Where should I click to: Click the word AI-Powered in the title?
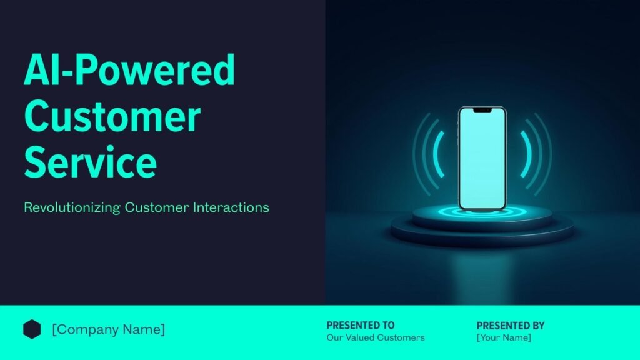point(129,69)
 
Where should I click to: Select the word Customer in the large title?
point(112,116)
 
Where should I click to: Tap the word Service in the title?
point(91,162)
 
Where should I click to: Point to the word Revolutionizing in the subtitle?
point(72,207)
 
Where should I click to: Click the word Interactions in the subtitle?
point(231,207)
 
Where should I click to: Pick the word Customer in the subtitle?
point(157,207)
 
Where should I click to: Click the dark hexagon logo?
point(32,329)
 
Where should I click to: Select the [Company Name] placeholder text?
point(109,329)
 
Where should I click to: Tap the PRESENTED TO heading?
point(361,325)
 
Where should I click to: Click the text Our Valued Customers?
point(376,337)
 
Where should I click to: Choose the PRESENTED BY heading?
point(511,326)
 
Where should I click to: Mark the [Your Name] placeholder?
point(504,337)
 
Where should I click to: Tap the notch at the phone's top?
point(482,110)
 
